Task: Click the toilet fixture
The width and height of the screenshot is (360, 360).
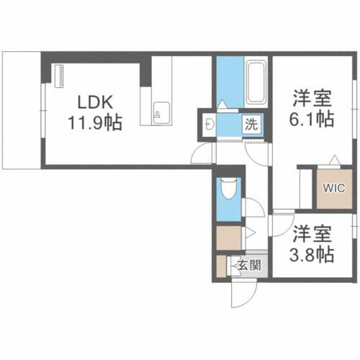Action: point(228,189)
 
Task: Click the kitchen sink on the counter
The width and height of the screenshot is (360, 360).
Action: point(160,111)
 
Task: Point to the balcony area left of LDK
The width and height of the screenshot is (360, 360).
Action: point(20,108)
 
